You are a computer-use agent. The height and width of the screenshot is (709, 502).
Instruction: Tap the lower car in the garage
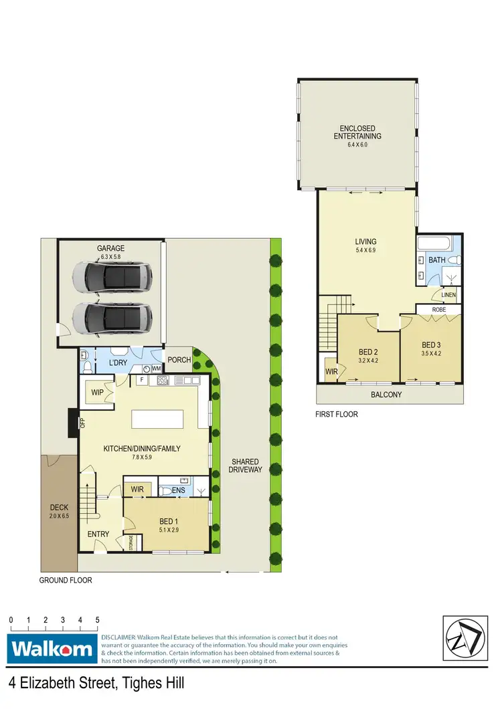click(x=111, y=314)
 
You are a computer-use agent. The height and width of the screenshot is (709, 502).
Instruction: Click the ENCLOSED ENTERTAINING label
click(x=357, y=132)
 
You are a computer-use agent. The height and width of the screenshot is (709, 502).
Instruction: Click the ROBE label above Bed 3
click(x=438, y=310)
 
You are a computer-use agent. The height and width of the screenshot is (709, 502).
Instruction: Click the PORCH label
click(x=179, y=360)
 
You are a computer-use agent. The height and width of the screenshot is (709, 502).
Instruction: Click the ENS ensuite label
click(x=178, y=491)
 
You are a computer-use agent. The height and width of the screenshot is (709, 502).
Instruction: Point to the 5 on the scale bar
click(x=98, y=620)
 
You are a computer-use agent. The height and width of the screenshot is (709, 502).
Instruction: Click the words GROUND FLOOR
click(x=65, y=581)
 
